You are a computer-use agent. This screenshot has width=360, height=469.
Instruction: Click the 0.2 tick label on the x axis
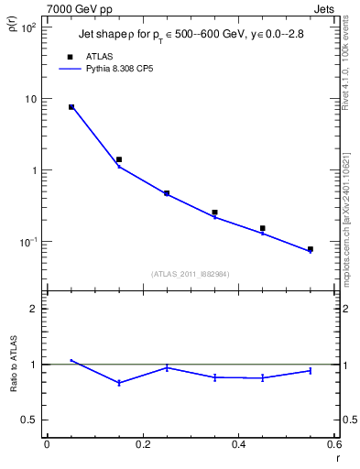point(142,445)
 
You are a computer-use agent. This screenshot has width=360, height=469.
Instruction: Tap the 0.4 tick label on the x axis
point(238,445)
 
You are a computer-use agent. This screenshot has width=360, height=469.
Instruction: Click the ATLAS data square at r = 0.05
point(71,107)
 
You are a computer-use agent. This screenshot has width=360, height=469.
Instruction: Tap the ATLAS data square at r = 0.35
point(214,213)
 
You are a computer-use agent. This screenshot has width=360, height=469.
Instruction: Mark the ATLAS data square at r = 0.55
point(311,249)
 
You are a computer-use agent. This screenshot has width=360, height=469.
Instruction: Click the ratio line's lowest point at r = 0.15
point(119,383)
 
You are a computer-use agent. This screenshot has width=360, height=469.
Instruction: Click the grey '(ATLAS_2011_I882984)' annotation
point(191,273)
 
